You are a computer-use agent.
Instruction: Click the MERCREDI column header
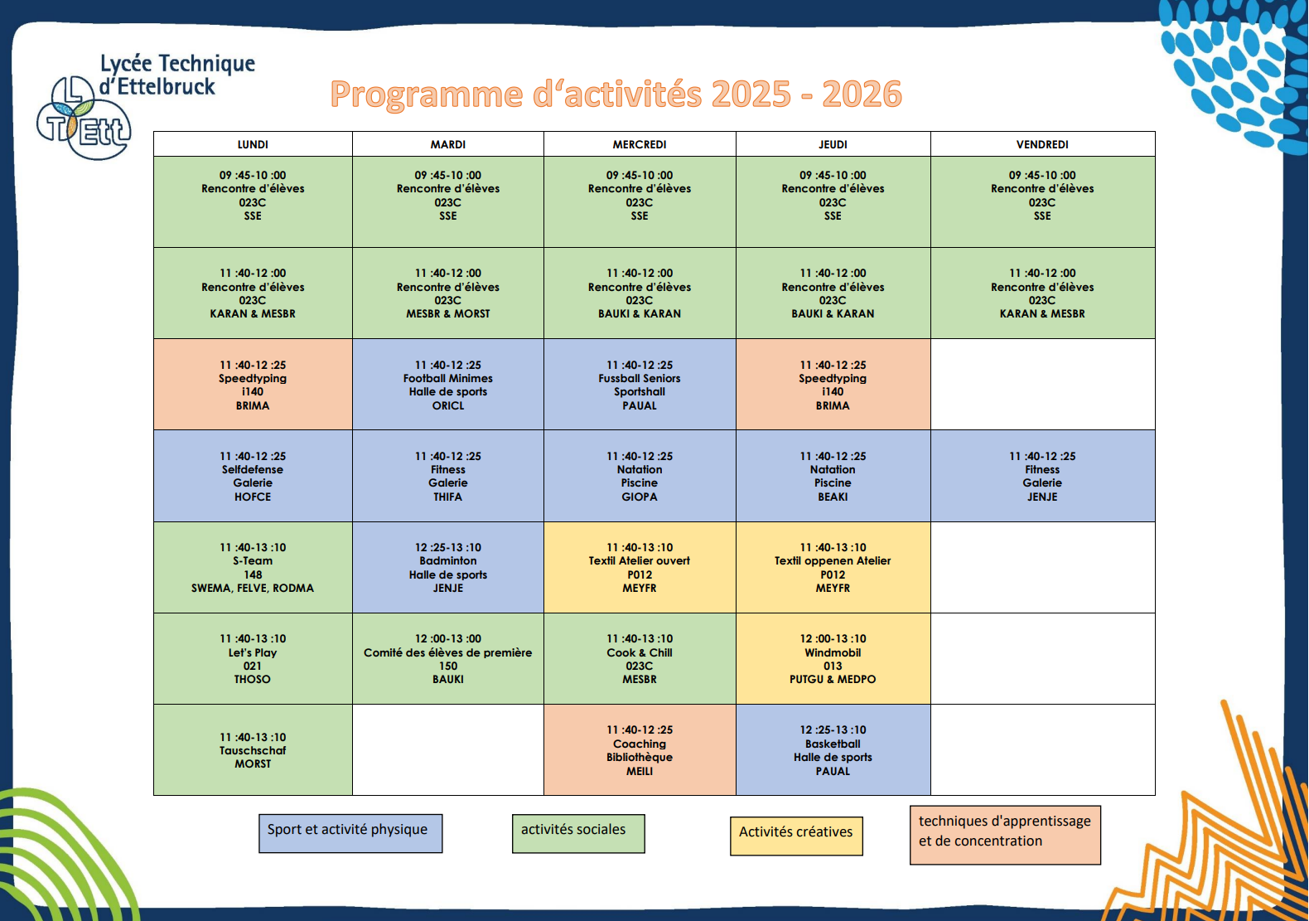640,144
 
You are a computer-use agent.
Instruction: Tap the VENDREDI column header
1042,144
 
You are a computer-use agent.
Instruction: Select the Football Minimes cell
447,384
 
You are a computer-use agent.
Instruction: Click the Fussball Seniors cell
640,384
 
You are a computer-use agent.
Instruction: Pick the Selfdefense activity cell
253,475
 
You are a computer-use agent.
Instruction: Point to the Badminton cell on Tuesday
447,567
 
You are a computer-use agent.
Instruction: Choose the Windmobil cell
833,658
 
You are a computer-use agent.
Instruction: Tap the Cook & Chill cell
640,658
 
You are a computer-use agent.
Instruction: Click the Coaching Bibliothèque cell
640,749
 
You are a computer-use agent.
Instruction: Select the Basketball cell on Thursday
833,749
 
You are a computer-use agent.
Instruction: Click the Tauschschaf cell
253,749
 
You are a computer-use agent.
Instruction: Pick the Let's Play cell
253,658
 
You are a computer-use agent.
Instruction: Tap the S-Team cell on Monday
253,567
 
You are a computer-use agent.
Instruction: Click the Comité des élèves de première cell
447,658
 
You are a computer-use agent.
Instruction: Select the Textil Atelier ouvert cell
640,567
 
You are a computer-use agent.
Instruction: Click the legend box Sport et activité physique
350,833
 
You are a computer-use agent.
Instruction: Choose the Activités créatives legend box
796,836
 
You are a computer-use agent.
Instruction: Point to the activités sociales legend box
578,833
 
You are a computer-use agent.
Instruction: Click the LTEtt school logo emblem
83,118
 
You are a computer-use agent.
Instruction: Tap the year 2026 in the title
862,95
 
